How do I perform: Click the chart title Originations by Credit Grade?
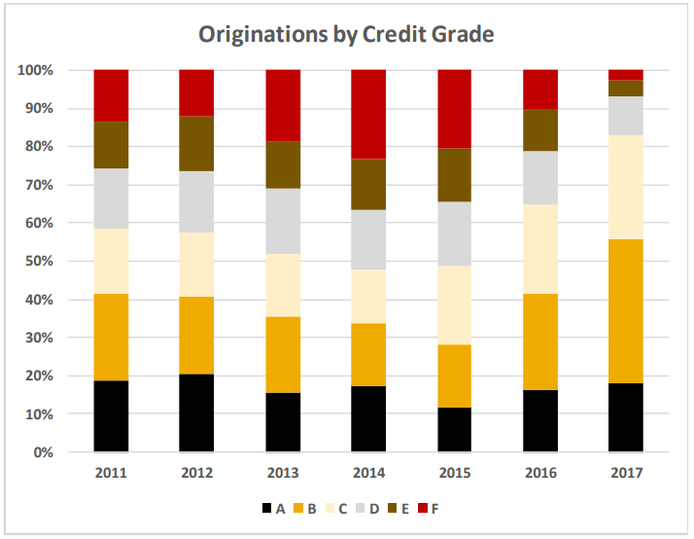347,35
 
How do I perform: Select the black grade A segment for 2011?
111,415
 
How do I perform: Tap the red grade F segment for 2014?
368,114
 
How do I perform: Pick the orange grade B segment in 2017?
626,310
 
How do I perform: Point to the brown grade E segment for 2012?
196,143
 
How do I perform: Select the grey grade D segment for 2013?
283,221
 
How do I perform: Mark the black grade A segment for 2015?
455,429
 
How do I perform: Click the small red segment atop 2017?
626,75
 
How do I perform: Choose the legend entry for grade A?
275,508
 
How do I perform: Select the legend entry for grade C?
343,508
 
